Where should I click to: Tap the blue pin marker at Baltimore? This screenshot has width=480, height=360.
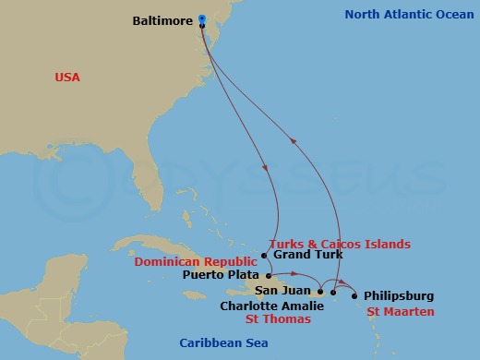click(x=202, y=18)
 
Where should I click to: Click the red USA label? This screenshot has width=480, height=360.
click(x=67, y=78)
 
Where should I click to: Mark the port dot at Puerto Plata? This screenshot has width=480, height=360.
click(x=269, y=275)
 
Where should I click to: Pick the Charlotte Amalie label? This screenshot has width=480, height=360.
click(x=271, y=306)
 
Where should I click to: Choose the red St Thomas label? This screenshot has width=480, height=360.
click(x=277, y=319)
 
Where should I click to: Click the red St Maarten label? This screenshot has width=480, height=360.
click(x=401, y=312)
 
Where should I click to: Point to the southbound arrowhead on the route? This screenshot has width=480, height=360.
click(x=267, y=168)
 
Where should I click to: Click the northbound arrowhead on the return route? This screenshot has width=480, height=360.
click(x=294, y=139)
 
